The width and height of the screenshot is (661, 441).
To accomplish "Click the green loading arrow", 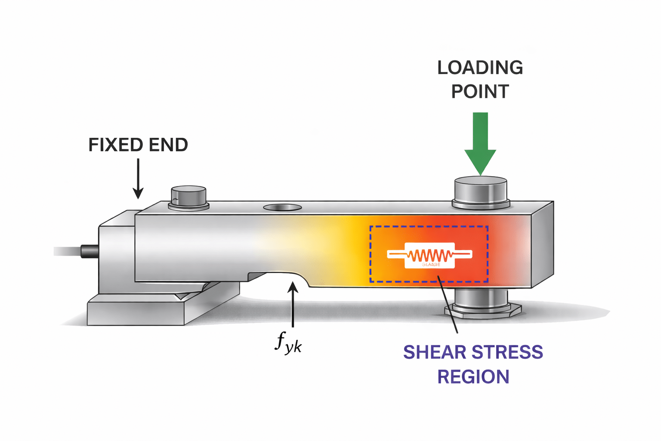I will [x=480, y=142].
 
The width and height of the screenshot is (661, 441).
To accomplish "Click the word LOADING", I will [x=480, y=68].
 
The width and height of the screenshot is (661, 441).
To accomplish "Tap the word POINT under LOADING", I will [x=480, y=92].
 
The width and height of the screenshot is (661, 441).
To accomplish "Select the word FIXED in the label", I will [x=112, y=145].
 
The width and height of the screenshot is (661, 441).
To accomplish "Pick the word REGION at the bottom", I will [x=473, y=377].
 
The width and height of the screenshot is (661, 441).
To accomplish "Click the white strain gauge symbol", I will [x=430, y=255].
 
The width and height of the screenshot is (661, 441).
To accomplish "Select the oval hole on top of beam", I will [x=282, y=208].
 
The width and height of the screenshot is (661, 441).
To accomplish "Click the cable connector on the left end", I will [x=90, y=251].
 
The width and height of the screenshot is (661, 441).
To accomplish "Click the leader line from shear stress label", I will [x=448, y=306].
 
